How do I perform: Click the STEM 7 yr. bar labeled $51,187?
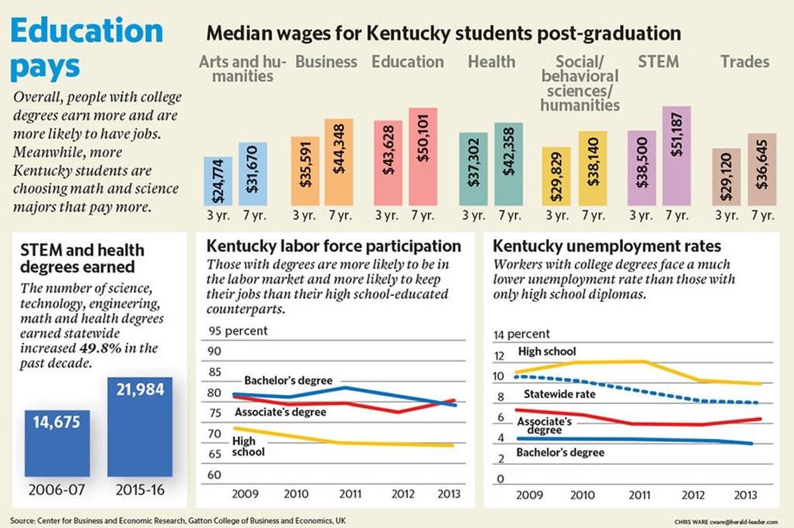tap(676, 156)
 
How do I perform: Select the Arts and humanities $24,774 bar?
tap(218, 181)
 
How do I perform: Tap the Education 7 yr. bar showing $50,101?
tap(423, 157)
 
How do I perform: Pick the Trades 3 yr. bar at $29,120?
tap(726, 177)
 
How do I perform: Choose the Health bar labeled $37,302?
tap(473, 169)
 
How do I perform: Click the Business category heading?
tap(326, 62)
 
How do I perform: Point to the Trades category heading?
tap(745, 62)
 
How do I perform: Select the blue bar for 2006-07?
tap(57, 443)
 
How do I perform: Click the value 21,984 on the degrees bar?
tap(140, 390)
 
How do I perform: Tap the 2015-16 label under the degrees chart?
tap(140, 490)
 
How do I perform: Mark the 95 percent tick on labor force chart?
tap(237, 331)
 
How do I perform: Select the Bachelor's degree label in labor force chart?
tap(288, 381)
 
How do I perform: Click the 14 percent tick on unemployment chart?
tap(522, 335)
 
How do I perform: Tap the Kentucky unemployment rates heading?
tap(607, 246)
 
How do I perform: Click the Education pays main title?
tap(87, 49)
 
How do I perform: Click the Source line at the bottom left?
tap(178, 520)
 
